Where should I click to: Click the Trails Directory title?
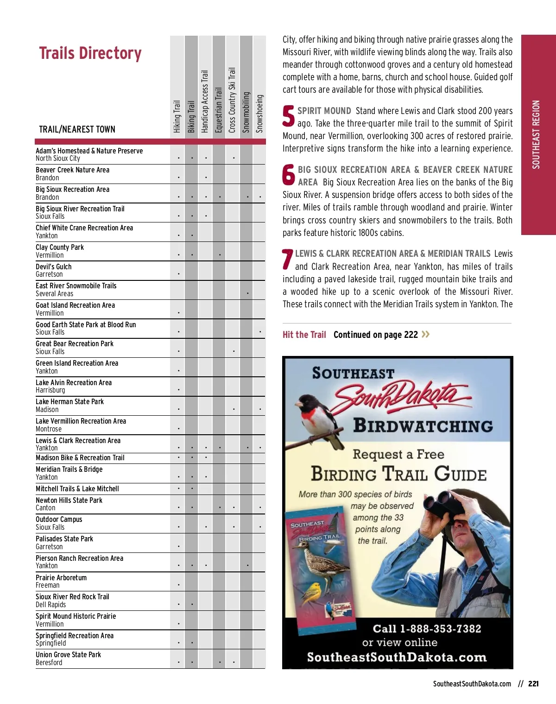pyautogui.click(x=90, y=53)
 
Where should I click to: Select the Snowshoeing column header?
pyautogui.click(x=259, y=114)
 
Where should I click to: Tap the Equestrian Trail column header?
pyautogui.click(x=219, y=110)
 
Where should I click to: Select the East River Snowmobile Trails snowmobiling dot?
pyautogui.click(x=247, y=293)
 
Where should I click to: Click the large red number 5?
pyautogui.click(x=288, y=116)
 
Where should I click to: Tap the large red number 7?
pyautogui.click(x=287, y=260)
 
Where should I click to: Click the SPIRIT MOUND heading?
pyautogui.click(x=324, y=111)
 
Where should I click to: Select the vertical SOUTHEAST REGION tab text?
pyautogui.click(x=536, y=134)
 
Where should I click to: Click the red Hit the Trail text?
pyautogui.click(x=304, y=335)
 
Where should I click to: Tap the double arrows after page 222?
pyautogui.click(x=426, y=334)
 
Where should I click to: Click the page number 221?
pyautogui.click(x=533, y=684)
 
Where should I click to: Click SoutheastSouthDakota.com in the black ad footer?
pyautogui.click(x=397, y=657)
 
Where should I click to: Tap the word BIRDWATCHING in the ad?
pyautogui.click(x=423, y=426)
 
